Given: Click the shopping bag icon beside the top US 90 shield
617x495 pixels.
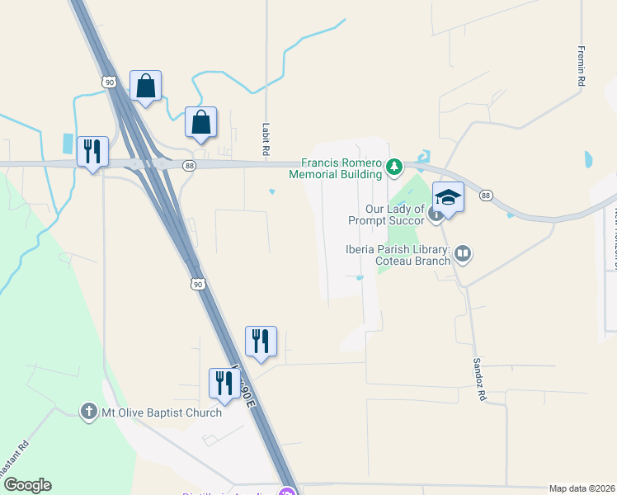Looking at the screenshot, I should click(x=145, y=86).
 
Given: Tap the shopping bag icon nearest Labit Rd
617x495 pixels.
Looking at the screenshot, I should click(x=200, y=122).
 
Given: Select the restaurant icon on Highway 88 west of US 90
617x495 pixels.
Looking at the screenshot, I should click(x=92, y=152).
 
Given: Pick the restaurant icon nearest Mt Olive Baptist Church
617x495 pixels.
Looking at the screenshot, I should click(x=224, y=384).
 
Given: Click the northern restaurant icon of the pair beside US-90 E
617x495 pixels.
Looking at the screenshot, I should click(x=261, y=342).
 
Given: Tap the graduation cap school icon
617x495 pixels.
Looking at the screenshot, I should click(x=448, y=198).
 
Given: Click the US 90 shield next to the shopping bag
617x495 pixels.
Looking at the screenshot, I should click(x=111, y=81).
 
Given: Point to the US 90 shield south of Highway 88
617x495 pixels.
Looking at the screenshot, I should click(x=196, y=283).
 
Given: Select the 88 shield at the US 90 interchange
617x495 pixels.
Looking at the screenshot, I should click(x=190, y=166).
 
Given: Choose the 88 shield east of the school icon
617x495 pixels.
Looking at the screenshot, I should click(x=486, y=196).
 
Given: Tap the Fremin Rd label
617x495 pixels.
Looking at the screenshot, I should click(x=582, y=67).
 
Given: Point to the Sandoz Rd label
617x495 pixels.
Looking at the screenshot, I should click(x=478, y=379).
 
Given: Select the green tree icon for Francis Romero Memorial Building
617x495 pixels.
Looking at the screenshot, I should click(x=394, y=167).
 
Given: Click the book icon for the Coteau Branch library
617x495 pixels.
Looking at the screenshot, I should click(x=463, y=254).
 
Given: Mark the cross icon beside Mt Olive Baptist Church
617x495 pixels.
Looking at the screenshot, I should click(x=88, y=412).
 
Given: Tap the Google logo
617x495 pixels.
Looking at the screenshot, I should click(x=27, y=485).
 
